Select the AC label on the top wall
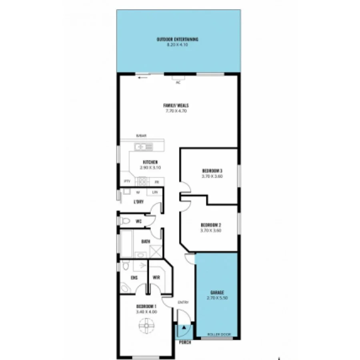point(178,82)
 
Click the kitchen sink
point(143,147)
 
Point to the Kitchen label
point(150,162)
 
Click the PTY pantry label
point(127,181)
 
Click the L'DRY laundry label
point(138,202)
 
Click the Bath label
point(146,242)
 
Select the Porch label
point(185,343)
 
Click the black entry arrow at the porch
point(184,327)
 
